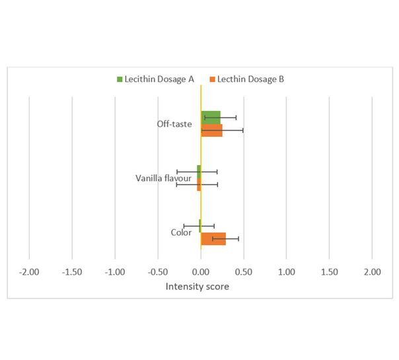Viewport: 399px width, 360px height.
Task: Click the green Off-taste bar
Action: pos(211,118)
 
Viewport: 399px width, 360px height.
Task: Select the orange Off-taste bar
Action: pos(211,131)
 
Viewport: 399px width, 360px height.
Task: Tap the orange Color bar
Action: pos(213,239)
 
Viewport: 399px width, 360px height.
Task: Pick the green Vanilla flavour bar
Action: pos(199,172)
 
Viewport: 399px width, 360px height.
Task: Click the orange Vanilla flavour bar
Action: pos(199,184)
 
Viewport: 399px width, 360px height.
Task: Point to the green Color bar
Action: pos(200,226)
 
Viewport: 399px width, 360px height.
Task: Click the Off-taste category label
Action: pos(174,124)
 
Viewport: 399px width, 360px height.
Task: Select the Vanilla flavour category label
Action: pos(163,178)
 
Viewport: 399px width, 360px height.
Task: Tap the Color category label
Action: pos(181,233)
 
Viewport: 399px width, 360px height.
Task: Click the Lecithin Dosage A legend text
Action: pos(159,79)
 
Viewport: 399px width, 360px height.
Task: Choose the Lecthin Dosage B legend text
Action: pos(250,79)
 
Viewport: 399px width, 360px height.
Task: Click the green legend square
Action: pos(120,79)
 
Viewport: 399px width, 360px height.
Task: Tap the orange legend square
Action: pos(213,79)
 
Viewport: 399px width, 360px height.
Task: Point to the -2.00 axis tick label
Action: pos(29,272)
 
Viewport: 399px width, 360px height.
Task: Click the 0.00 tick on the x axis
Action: pos(201,272)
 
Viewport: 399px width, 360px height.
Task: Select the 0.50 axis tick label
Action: pos(244,272)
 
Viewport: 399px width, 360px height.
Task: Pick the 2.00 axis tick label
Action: pos(373,272)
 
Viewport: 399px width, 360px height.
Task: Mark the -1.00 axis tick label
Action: pos(115,272)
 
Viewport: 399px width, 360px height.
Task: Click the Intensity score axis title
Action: pos(198,287)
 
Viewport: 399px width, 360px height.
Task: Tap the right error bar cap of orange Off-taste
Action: pos(243,131)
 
